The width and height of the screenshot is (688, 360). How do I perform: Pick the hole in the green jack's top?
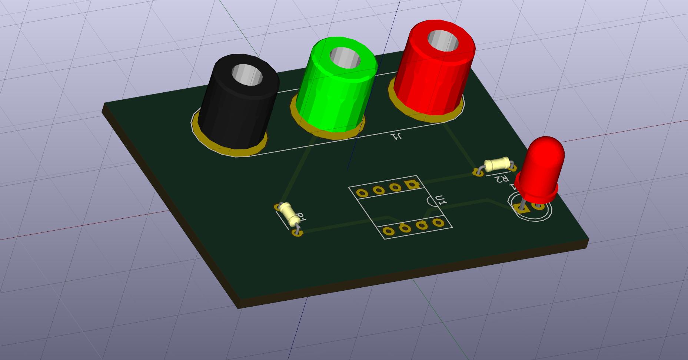(x=345, y=57)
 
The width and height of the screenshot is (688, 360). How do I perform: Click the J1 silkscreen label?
(x=396, y=136)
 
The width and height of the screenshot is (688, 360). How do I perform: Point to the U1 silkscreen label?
(x=441, y=201)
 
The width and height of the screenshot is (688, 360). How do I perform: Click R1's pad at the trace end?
(x=297, y=232)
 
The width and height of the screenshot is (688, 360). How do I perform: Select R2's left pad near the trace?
(x=478, y=172)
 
